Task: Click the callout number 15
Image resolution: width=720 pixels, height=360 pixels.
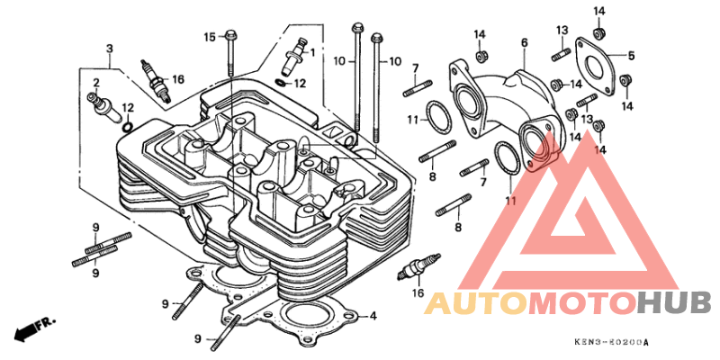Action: click(x=210, y=37)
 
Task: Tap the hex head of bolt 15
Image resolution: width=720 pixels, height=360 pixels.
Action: click(x=231, y=34)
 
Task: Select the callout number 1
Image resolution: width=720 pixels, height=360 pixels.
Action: click(x=312, y=53)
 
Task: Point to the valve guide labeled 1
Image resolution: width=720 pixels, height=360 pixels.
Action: click(x=296, y=55)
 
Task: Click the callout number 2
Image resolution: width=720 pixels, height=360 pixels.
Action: click(x=96, y=83)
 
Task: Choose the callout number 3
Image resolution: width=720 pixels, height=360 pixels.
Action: click(x=109, y=49)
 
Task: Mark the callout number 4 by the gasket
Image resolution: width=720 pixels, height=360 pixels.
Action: click(x=373, y=317)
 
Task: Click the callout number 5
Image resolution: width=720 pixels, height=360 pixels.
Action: click(x=631, y=56)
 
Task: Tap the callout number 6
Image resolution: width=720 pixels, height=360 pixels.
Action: click(x=525, y=43)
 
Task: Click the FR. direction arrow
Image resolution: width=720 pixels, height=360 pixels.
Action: click(x=34, y=328)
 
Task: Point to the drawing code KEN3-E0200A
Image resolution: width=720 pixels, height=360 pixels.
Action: click(x=612, y=343)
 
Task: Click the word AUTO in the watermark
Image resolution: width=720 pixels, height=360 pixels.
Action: click(x=476, y=303)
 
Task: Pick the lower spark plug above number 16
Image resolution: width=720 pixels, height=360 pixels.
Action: click(x=418, y=265)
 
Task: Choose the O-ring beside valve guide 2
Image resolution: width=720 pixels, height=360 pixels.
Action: click(x=128, y=126)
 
